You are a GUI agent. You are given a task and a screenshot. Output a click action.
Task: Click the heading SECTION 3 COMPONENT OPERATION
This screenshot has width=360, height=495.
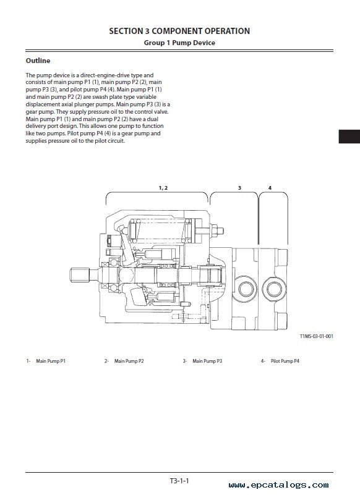(179, 31)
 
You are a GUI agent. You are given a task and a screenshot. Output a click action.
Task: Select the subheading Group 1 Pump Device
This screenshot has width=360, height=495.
(179, 43)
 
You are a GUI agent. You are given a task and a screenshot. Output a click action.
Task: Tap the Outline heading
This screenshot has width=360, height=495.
(38, 61)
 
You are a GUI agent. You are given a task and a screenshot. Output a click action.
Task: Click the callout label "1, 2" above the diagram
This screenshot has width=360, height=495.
(163, 188)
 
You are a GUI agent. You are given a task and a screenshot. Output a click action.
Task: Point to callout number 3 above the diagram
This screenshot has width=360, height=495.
(239, 188)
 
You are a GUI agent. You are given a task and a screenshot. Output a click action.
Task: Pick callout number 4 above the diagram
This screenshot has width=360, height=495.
(270, 188)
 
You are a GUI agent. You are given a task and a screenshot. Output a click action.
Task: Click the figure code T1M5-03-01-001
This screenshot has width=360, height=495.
(316, 336)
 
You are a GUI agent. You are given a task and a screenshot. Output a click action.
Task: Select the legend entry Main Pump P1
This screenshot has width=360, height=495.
(51, 361)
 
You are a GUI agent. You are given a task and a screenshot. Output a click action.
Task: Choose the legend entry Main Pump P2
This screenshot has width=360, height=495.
(129, 361)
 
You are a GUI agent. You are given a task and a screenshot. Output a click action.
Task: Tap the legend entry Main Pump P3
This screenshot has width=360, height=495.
(207, 361)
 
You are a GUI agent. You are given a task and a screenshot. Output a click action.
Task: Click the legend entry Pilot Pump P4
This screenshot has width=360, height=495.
(285, 361)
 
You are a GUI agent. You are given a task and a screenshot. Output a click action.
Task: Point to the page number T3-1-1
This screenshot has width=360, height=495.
(179, 481)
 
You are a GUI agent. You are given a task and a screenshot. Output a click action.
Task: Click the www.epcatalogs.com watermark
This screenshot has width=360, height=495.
(278, 485)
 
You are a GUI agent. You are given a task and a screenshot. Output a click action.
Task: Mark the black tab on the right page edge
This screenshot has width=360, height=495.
(349, 137)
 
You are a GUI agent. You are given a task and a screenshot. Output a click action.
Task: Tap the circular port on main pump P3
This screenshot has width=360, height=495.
(246, 289)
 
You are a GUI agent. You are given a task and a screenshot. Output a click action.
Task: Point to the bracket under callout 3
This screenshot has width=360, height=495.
(234, 193)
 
